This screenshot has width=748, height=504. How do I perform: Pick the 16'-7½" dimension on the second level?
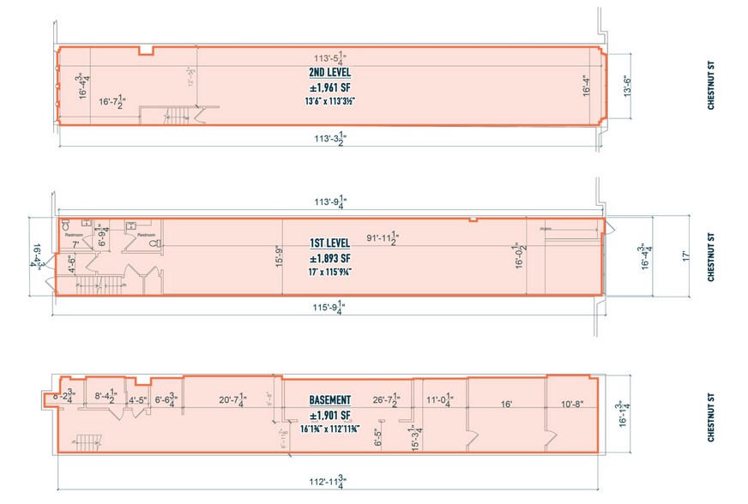tap(115, 102)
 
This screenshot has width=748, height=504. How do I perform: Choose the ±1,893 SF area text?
tap(329, 258)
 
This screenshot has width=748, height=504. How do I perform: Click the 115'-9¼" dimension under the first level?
tap(329, 306)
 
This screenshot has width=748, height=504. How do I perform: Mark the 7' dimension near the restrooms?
tap(75, 243)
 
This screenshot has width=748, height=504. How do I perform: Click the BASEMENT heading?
tap(329, 400)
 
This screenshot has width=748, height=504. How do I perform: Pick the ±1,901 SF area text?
tap(329, 416)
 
